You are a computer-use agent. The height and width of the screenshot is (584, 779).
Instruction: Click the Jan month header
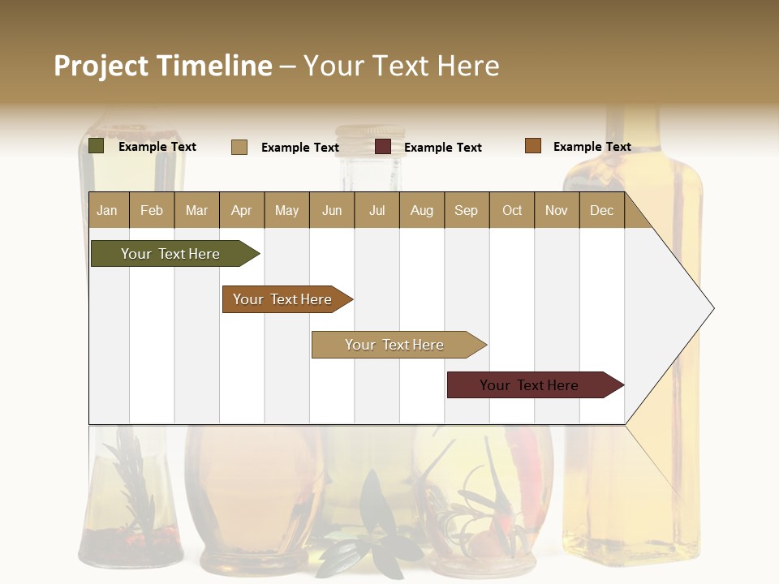107,210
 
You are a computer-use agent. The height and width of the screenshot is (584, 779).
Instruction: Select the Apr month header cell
241,210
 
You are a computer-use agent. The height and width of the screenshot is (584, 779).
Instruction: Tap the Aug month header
421,210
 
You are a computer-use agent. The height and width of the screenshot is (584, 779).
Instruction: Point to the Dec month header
601,210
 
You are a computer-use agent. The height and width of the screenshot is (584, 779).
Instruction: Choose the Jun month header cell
331,210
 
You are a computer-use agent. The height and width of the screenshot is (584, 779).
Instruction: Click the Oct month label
511,210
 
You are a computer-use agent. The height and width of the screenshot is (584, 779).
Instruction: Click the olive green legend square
97,146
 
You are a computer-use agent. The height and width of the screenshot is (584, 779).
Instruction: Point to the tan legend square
239,147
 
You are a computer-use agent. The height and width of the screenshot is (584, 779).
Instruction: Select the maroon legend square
383,147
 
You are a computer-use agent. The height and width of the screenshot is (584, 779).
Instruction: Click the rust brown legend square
533,146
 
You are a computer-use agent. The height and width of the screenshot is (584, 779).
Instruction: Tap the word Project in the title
101,66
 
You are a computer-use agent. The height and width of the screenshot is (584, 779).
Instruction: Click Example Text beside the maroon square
442,148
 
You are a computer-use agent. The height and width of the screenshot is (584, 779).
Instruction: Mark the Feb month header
152,210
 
